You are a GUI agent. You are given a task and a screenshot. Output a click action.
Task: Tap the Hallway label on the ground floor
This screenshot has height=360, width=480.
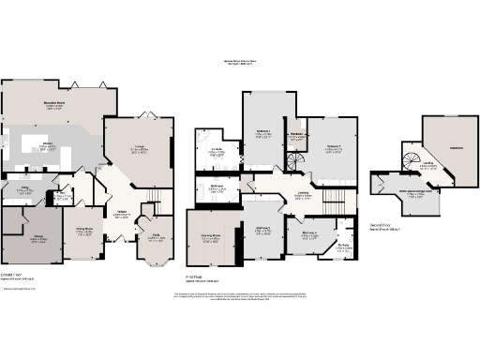coord(121,212)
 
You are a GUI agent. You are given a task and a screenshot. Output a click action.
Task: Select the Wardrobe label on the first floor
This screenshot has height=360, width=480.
coord(296,134)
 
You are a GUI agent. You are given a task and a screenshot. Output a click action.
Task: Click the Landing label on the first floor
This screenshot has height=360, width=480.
coord(303,194)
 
